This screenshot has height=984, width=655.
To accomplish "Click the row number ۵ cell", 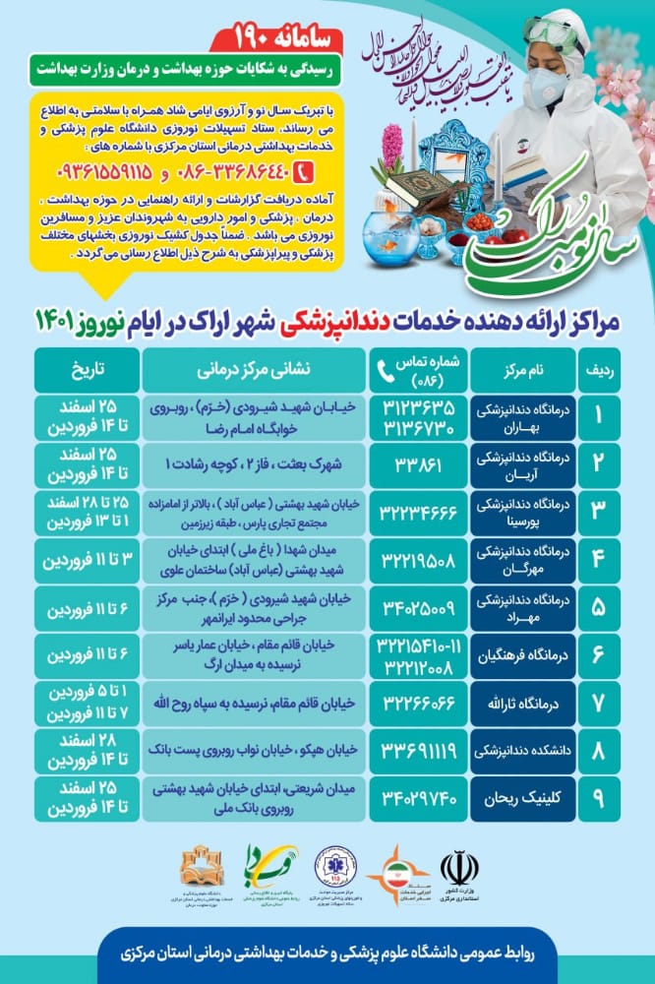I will (x=599, y=608).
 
